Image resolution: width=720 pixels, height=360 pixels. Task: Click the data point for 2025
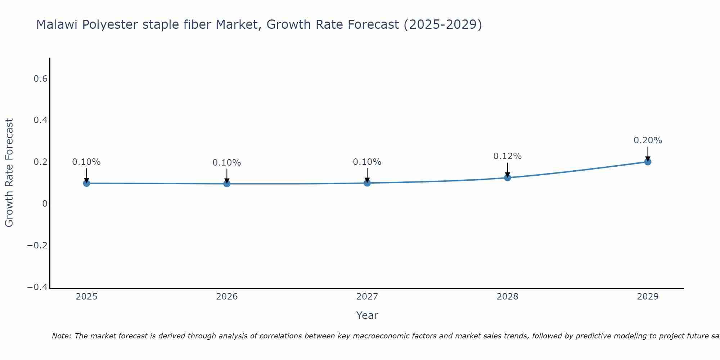pyautogui.click(x=86, y=183)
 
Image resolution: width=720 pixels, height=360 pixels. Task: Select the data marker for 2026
pyautogui.click(x=227, y=184)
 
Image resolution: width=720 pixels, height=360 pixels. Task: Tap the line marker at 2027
pyautogui.click(x=367, y=183)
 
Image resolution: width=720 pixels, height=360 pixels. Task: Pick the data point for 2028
pyautogui.click(x=507, y=177)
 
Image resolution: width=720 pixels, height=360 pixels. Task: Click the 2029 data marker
pyautogui.click(x=648, y=162)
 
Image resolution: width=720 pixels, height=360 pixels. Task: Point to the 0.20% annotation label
pyautogui.click(x=648, y=140)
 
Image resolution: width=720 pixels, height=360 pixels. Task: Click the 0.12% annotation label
pyautogui.click(x=507, y=156)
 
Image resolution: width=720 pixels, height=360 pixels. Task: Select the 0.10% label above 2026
pyautogui.click(x=227, y=163)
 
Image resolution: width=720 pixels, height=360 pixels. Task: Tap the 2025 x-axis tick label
pyautogui.click(x=86, y=297)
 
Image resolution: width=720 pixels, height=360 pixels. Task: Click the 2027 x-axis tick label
pyautogui.click(x=367, y=297)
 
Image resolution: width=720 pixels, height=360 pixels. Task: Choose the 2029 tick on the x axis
pyautogui.click(x=648, y=297)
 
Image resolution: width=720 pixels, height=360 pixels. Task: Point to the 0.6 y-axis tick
pyautogui.click(x=41, y=78)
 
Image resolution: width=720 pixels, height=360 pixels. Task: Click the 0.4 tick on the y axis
pyautogui.click(x=41, y=120)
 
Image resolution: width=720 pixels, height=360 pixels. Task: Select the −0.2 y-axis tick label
pyautogui.click(x=37, y=246)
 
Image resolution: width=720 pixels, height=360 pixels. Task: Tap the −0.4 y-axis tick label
pyautogui.click(x=37, y=287)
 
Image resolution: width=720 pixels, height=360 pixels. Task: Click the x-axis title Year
pyautogui.click(x=367, y=315)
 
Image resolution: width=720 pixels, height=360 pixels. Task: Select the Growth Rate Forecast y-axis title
pyautogui.click(x=9, y=173)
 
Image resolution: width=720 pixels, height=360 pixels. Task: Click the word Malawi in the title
pyautogui.click(x=57, y=25)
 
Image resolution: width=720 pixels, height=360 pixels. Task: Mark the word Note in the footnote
pyautogui.click(x=61, y=336)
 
